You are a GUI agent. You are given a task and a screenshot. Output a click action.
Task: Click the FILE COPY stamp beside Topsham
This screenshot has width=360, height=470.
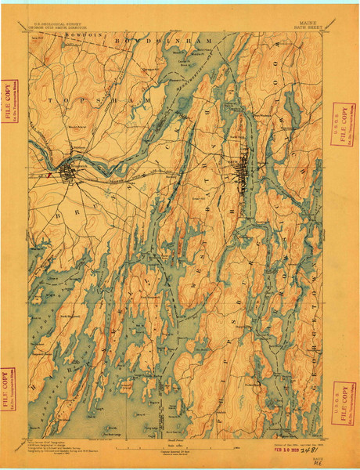tap(9, 100)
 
